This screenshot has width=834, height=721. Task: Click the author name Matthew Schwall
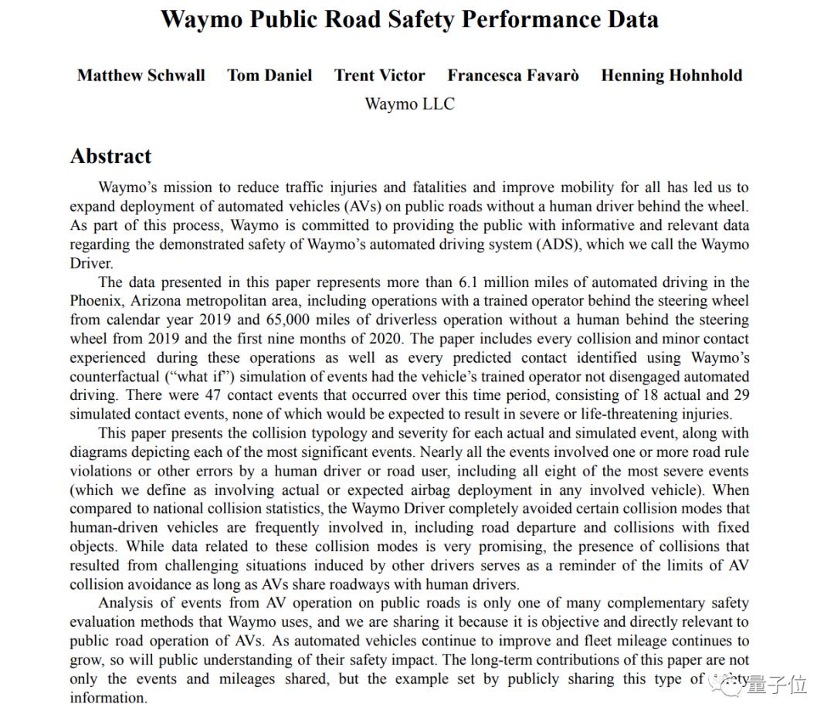tap(141, 76)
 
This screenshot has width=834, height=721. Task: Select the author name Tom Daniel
tap(270, 76)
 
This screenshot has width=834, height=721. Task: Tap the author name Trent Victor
tap(379, 76)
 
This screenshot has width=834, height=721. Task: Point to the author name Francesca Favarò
tap(513, 76)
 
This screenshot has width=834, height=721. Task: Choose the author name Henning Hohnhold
tap(671, 76)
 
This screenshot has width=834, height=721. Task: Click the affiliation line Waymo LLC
tap(409, 103)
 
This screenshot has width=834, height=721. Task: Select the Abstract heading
tap(110, 156)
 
